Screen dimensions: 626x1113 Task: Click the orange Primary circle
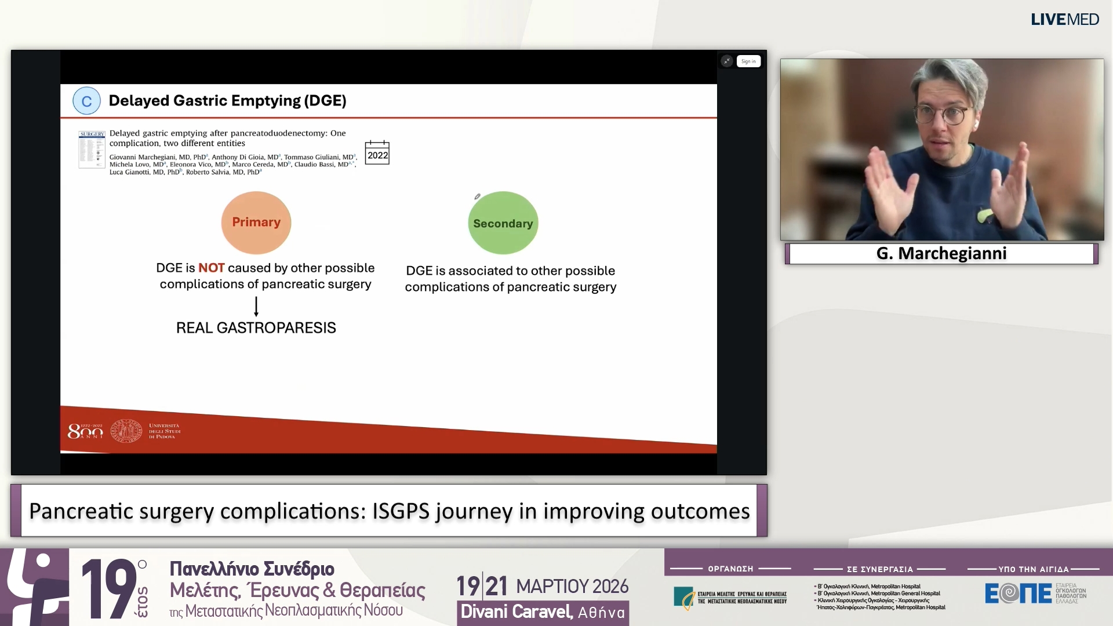pos(256,223)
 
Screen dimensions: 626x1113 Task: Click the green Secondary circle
pos(503,223)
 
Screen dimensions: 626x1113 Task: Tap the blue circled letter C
pos(86,101)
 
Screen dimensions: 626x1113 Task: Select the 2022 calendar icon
pos(377,154)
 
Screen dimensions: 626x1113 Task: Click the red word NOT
pos(211,268)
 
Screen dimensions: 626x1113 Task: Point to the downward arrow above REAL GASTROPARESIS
pos(256,306)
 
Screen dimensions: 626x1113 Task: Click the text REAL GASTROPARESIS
pos(256,327)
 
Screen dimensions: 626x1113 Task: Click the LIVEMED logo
pos(1064,19)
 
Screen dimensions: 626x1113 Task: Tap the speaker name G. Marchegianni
pos(941,253)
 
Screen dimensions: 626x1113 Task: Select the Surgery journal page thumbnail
pos(92,150)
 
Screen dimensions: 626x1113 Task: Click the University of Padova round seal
pos(126,431)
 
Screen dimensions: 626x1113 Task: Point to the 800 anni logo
pos(85,431)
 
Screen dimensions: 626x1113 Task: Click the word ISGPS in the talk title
pos(401,511)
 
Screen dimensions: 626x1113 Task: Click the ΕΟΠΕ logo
pos(1019,593)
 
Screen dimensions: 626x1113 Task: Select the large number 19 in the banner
pos(108,588)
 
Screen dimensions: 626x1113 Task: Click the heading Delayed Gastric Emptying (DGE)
pos(227,101)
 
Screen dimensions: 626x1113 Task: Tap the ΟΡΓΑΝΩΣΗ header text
pos(730,569)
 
